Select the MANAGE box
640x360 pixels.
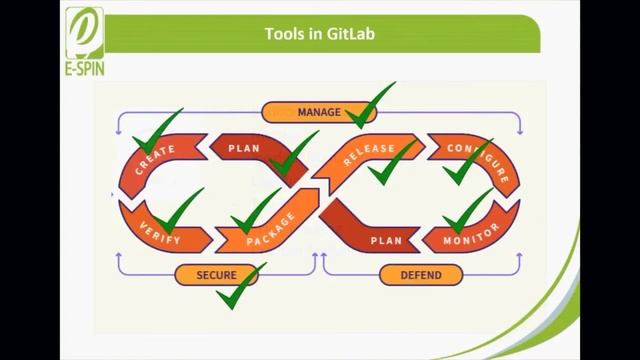319,112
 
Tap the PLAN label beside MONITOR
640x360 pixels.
386,240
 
